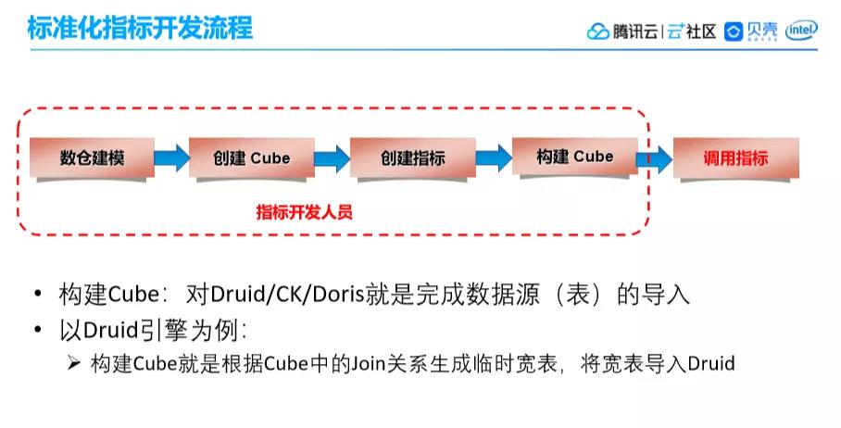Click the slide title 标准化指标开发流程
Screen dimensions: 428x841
[x=141, y=28]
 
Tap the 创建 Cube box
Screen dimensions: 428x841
[x=251, y=157]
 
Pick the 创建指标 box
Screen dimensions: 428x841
[x=412, y=157]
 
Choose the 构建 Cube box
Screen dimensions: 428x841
[x=574, y=157]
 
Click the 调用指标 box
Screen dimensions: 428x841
[x=735, y=157]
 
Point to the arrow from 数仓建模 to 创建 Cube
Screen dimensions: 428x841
[x=170, y=157]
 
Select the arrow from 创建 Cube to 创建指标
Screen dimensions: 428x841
[x=332, y=157]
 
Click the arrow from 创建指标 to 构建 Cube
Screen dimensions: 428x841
[x=494, y=157]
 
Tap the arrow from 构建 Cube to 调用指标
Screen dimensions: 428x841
[x=654, y=157]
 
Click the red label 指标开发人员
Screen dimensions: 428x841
[x=305, y=211]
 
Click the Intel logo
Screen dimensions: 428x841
[x=801, y=31]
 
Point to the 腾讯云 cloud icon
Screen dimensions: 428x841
[x=597, y=31]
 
